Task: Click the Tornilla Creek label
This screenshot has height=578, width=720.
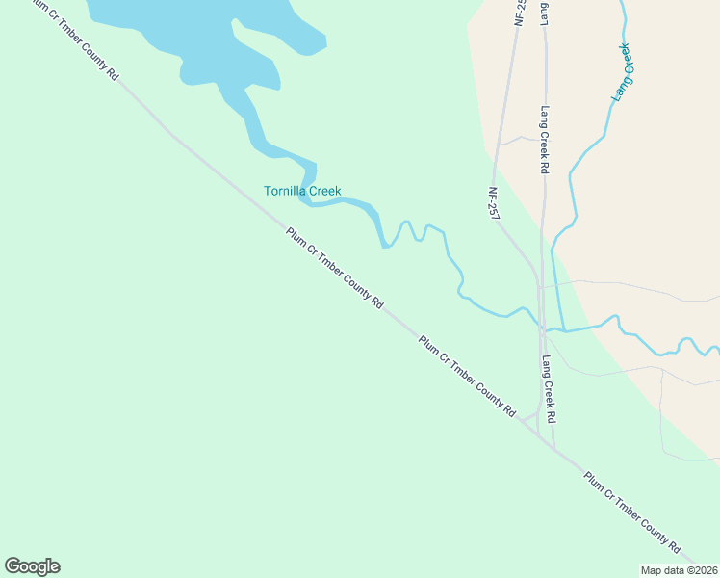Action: (302, 191)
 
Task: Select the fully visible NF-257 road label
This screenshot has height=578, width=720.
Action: (495, 203)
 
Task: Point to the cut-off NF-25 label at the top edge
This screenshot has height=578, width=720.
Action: (520, 12)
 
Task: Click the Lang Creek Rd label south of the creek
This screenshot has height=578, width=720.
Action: (549, 390)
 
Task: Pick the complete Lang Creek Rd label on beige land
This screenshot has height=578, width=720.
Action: (544, 139)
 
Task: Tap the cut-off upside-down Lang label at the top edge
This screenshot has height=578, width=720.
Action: (545, 13)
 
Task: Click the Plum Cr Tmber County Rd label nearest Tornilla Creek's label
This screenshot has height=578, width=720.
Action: (334, 267)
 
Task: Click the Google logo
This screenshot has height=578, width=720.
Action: (32, 566)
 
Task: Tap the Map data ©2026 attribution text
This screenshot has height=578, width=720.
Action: (679, 570)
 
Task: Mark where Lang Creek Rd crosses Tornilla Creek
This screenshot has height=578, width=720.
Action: (543, 328)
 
